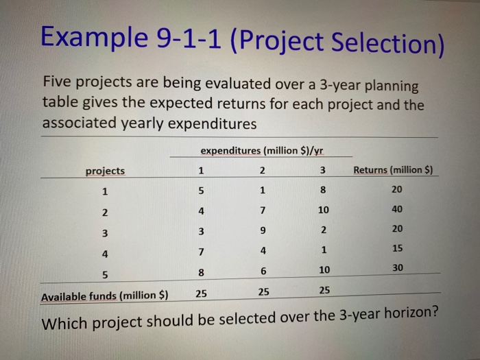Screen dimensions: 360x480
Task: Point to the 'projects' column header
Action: (x=105, y=171)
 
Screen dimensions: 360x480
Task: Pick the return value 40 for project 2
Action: (x=398, y=209)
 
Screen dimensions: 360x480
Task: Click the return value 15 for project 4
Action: (x=398, y=248)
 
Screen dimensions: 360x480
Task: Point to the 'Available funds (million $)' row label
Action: (x=104, y=297)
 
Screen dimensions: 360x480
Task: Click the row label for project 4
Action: (x=104, y=253)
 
